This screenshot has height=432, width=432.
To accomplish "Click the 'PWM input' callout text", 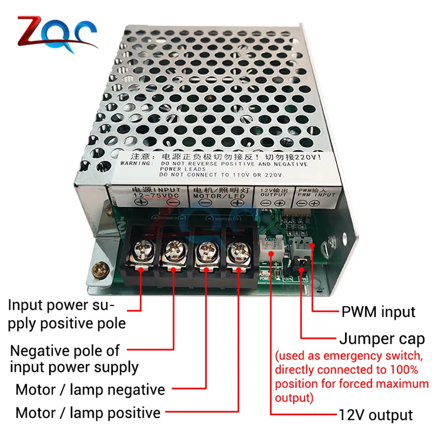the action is [378, 311].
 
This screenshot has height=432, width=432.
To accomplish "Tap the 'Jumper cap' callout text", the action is [381, 339].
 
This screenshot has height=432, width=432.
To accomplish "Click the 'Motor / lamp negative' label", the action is [90, 390].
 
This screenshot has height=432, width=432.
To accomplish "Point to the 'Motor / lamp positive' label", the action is [88, 413].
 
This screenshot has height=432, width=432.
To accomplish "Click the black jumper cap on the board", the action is [301, 261].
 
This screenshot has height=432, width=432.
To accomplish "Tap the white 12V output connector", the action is [271, 250].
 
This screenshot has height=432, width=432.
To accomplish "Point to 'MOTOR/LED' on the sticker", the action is [218, 196].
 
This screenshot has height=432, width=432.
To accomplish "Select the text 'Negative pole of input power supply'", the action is [74, 359].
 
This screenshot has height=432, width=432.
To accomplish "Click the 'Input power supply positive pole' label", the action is [67, 314].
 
